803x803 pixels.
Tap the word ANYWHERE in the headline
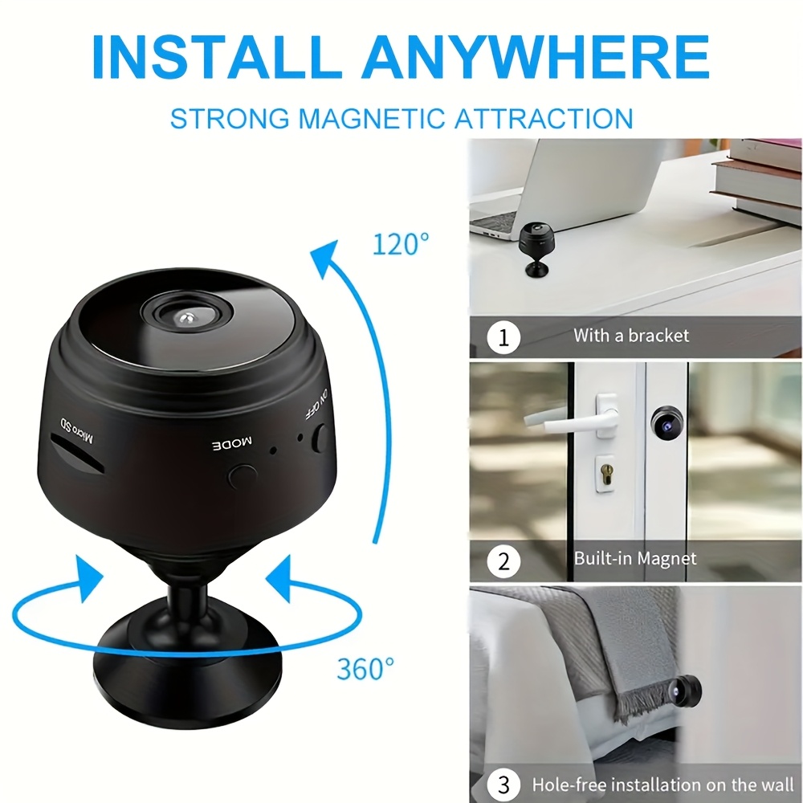tap(536, 56)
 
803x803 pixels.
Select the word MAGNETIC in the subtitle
tap(371, 119)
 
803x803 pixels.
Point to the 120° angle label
tap(401, 244)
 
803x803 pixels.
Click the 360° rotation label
tap(365, 668)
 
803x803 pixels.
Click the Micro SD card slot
tap(77, 453)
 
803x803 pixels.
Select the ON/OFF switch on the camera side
tap(321, 438)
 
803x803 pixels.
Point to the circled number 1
tap(503, 337)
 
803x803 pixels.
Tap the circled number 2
tap(503, 561)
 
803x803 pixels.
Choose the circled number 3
tap(503, 785)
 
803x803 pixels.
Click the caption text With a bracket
tap(631, 336)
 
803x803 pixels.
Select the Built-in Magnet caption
tap(635, 558)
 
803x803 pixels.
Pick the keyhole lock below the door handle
tap(605, 473)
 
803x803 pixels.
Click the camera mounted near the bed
tap(686, 692)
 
